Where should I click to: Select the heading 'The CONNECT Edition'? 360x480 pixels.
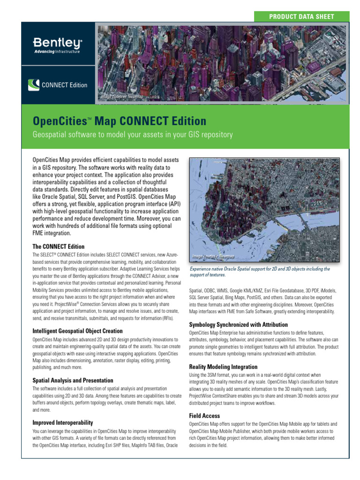coord(58,247)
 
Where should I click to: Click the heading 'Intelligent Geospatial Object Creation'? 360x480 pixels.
coord(77,331)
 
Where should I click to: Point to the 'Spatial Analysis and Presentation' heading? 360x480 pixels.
coord(73,380)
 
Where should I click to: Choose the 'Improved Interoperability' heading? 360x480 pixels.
coord(62,422)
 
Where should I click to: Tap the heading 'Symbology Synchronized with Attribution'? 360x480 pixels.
coord(238,324)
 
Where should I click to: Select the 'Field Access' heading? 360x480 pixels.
coord(204,415)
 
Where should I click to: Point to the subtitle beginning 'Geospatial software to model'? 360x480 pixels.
coord(133,135)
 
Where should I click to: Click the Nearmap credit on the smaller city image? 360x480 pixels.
coord(213,256)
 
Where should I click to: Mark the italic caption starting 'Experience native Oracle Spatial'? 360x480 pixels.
coord(259,272)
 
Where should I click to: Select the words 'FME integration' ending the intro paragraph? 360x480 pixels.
coord(52,233)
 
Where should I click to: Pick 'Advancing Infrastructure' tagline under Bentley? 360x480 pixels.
coord(57,51)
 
